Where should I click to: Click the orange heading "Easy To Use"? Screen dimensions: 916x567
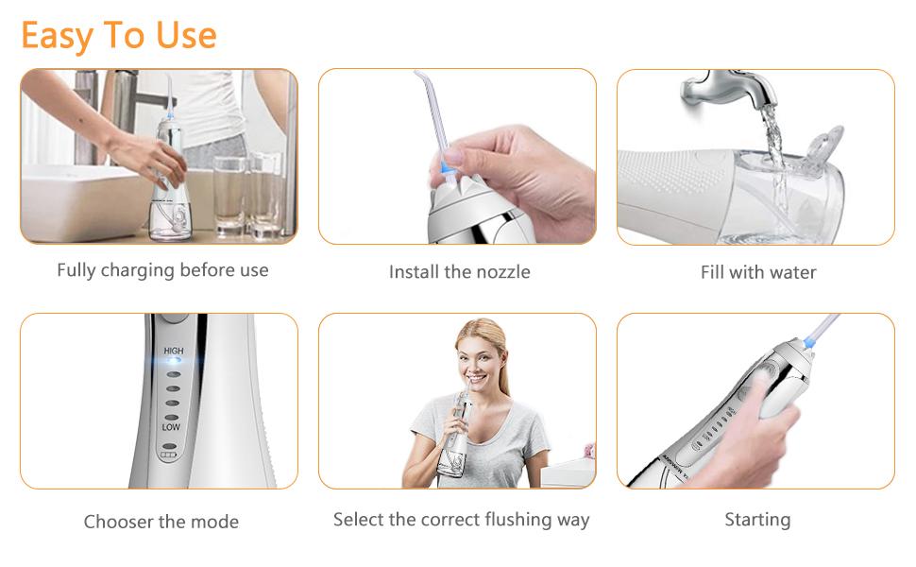(x=119, y=36)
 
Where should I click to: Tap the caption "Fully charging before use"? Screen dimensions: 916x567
(x=162, y=270)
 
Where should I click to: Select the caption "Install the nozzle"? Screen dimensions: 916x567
(x=459, y=272)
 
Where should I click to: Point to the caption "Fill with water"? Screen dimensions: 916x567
(x=758, y=272)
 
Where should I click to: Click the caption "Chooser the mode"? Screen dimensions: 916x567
(x=161, y=522)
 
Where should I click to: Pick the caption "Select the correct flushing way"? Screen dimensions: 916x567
(x=461, y=520)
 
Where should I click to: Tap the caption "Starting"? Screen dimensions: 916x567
(x=757, y=519)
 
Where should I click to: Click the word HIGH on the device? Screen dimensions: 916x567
(x=174, y=351)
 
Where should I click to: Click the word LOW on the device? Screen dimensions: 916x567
(x=171, y=427)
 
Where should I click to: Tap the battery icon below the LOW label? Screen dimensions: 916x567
(x=168, y=455)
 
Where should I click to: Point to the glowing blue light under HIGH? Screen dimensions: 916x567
(x=174, y=361)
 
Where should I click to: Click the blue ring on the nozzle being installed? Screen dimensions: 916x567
(x=448, y=168)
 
